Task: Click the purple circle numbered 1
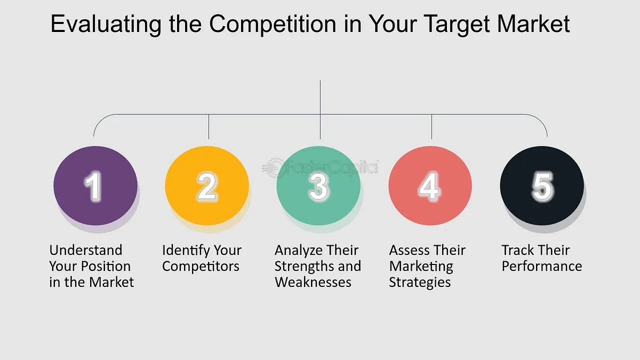click(x=95, y=185)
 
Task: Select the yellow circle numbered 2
click(x=207, y=185)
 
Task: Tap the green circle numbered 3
click(x=318, y=185)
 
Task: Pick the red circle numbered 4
click(x=430, y=185)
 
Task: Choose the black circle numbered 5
click(x=542, y=185)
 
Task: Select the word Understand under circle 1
click(x=86, y=250)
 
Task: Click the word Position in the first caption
click(x=105, y=266)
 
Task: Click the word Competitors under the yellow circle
click(x=201, y=266)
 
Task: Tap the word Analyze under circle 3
click(x=300, y=250)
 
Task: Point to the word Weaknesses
click(x=313, y=282)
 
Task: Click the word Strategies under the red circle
click(x=420, y=282)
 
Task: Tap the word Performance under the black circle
click(x=542, y=266)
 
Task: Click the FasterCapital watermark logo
click(x=320, y=167)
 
